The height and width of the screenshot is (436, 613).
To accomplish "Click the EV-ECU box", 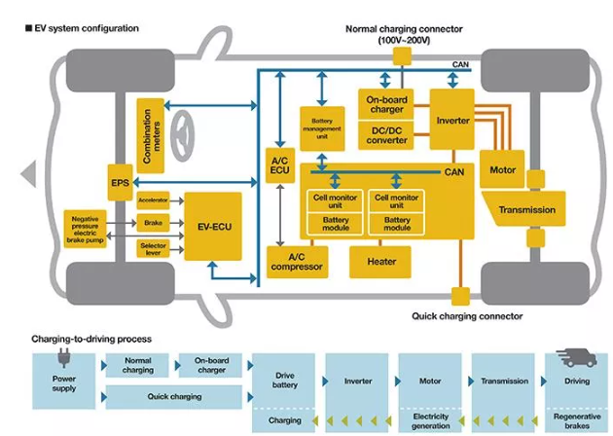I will (213, 227).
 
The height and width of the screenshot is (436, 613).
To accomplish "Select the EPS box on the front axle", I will (120, 181).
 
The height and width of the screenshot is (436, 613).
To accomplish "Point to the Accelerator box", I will (154, 201).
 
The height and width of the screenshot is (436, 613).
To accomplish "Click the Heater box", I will (380, 261).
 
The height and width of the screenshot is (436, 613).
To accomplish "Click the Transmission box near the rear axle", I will (526, 209).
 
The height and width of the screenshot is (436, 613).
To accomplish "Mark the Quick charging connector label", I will (467, 316).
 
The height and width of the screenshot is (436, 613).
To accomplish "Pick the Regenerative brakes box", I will (577, 420).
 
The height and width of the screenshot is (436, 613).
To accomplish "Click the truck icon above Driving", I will (576, 358).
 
